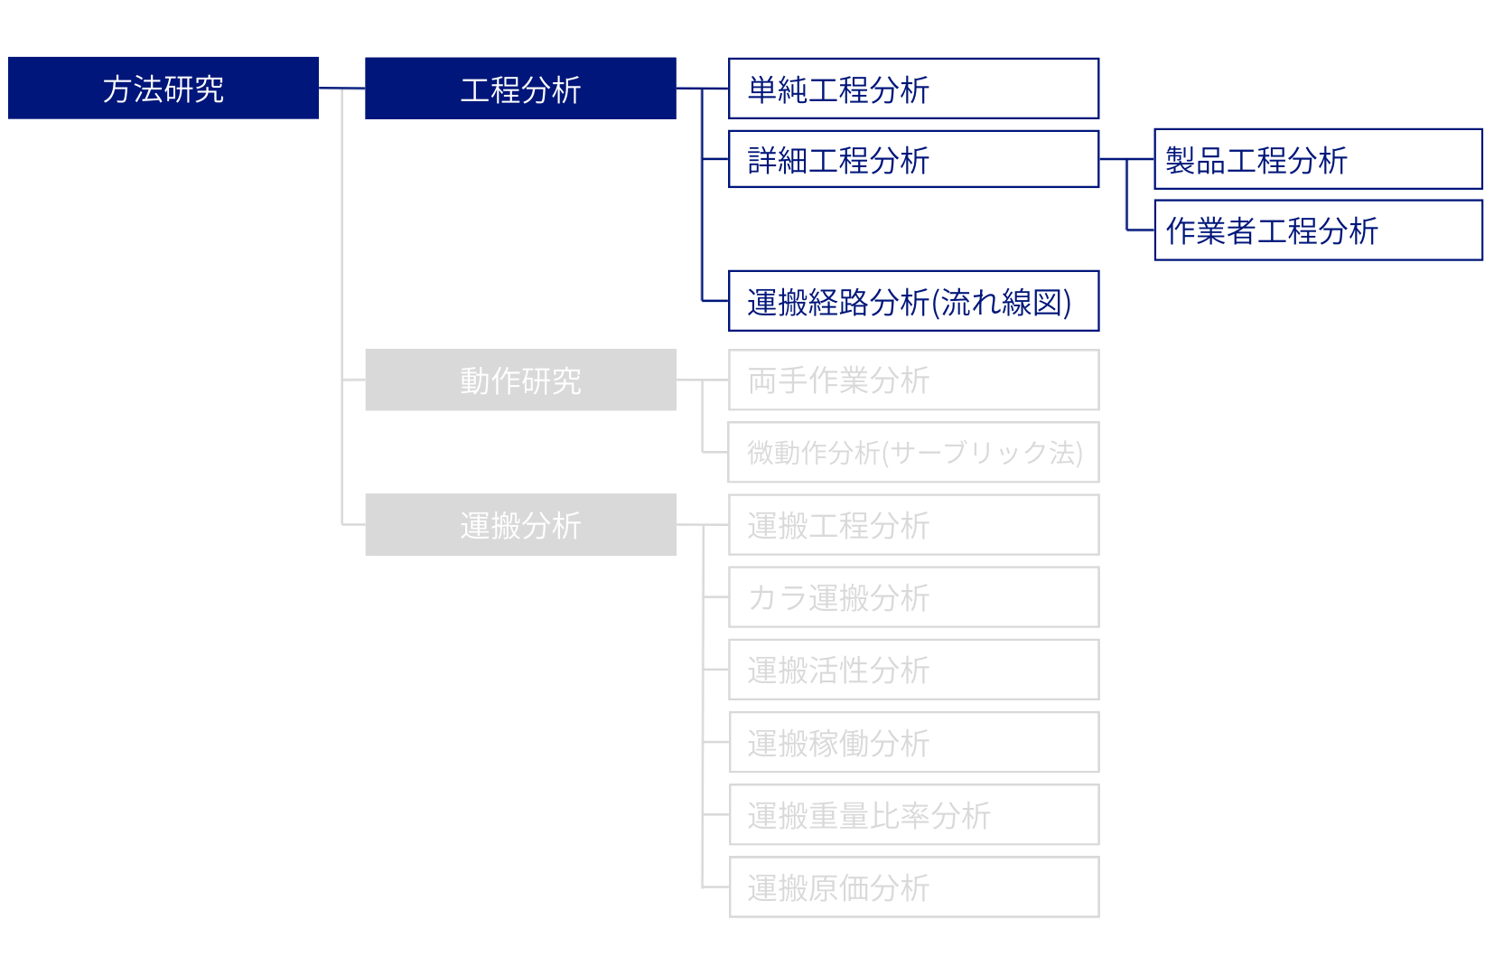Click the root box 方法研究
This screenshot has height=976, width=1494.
point(163,89)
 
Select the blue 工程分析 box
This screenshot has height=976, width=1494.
point(520,89)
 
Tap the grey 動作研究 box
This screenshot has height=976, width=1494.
point(520,380)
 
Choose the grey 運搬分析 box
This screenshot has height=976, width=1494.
point(520,524)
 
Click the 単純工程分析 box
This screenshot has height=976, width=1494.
point(913,89)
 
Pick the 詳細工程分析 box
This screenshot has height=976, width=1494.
point(913,160)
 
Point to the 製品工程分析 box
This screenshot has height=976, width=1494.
point(1318,159)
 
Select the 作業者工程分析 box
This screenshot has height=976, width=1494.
point(1318,230)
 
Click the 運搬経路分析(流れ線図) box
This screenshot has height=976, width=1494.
point(913,301)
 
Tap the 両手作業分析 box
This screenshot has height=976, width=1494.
point(913,380)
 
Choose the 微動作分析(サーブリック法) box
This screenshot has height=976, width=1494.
point(913,452)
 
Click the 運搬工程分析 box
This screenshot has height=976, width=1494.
point(913,524)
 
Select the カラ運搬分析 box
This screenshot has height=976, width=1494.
point(913,596)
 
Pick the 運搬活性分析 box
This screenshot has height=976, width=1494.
point(913,670)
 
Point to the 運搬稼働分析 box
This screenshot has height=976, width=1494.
point(913,743)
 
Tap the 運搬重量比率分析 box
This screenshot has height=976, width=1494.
point(913,815)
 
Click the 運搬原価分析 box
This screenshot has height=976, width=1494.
point(913,887)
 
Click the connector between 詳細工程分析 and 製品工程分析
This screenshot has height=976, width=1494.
point(1126,159)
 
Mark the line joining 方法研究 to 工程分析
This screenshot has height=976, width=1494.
point(341,89)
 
